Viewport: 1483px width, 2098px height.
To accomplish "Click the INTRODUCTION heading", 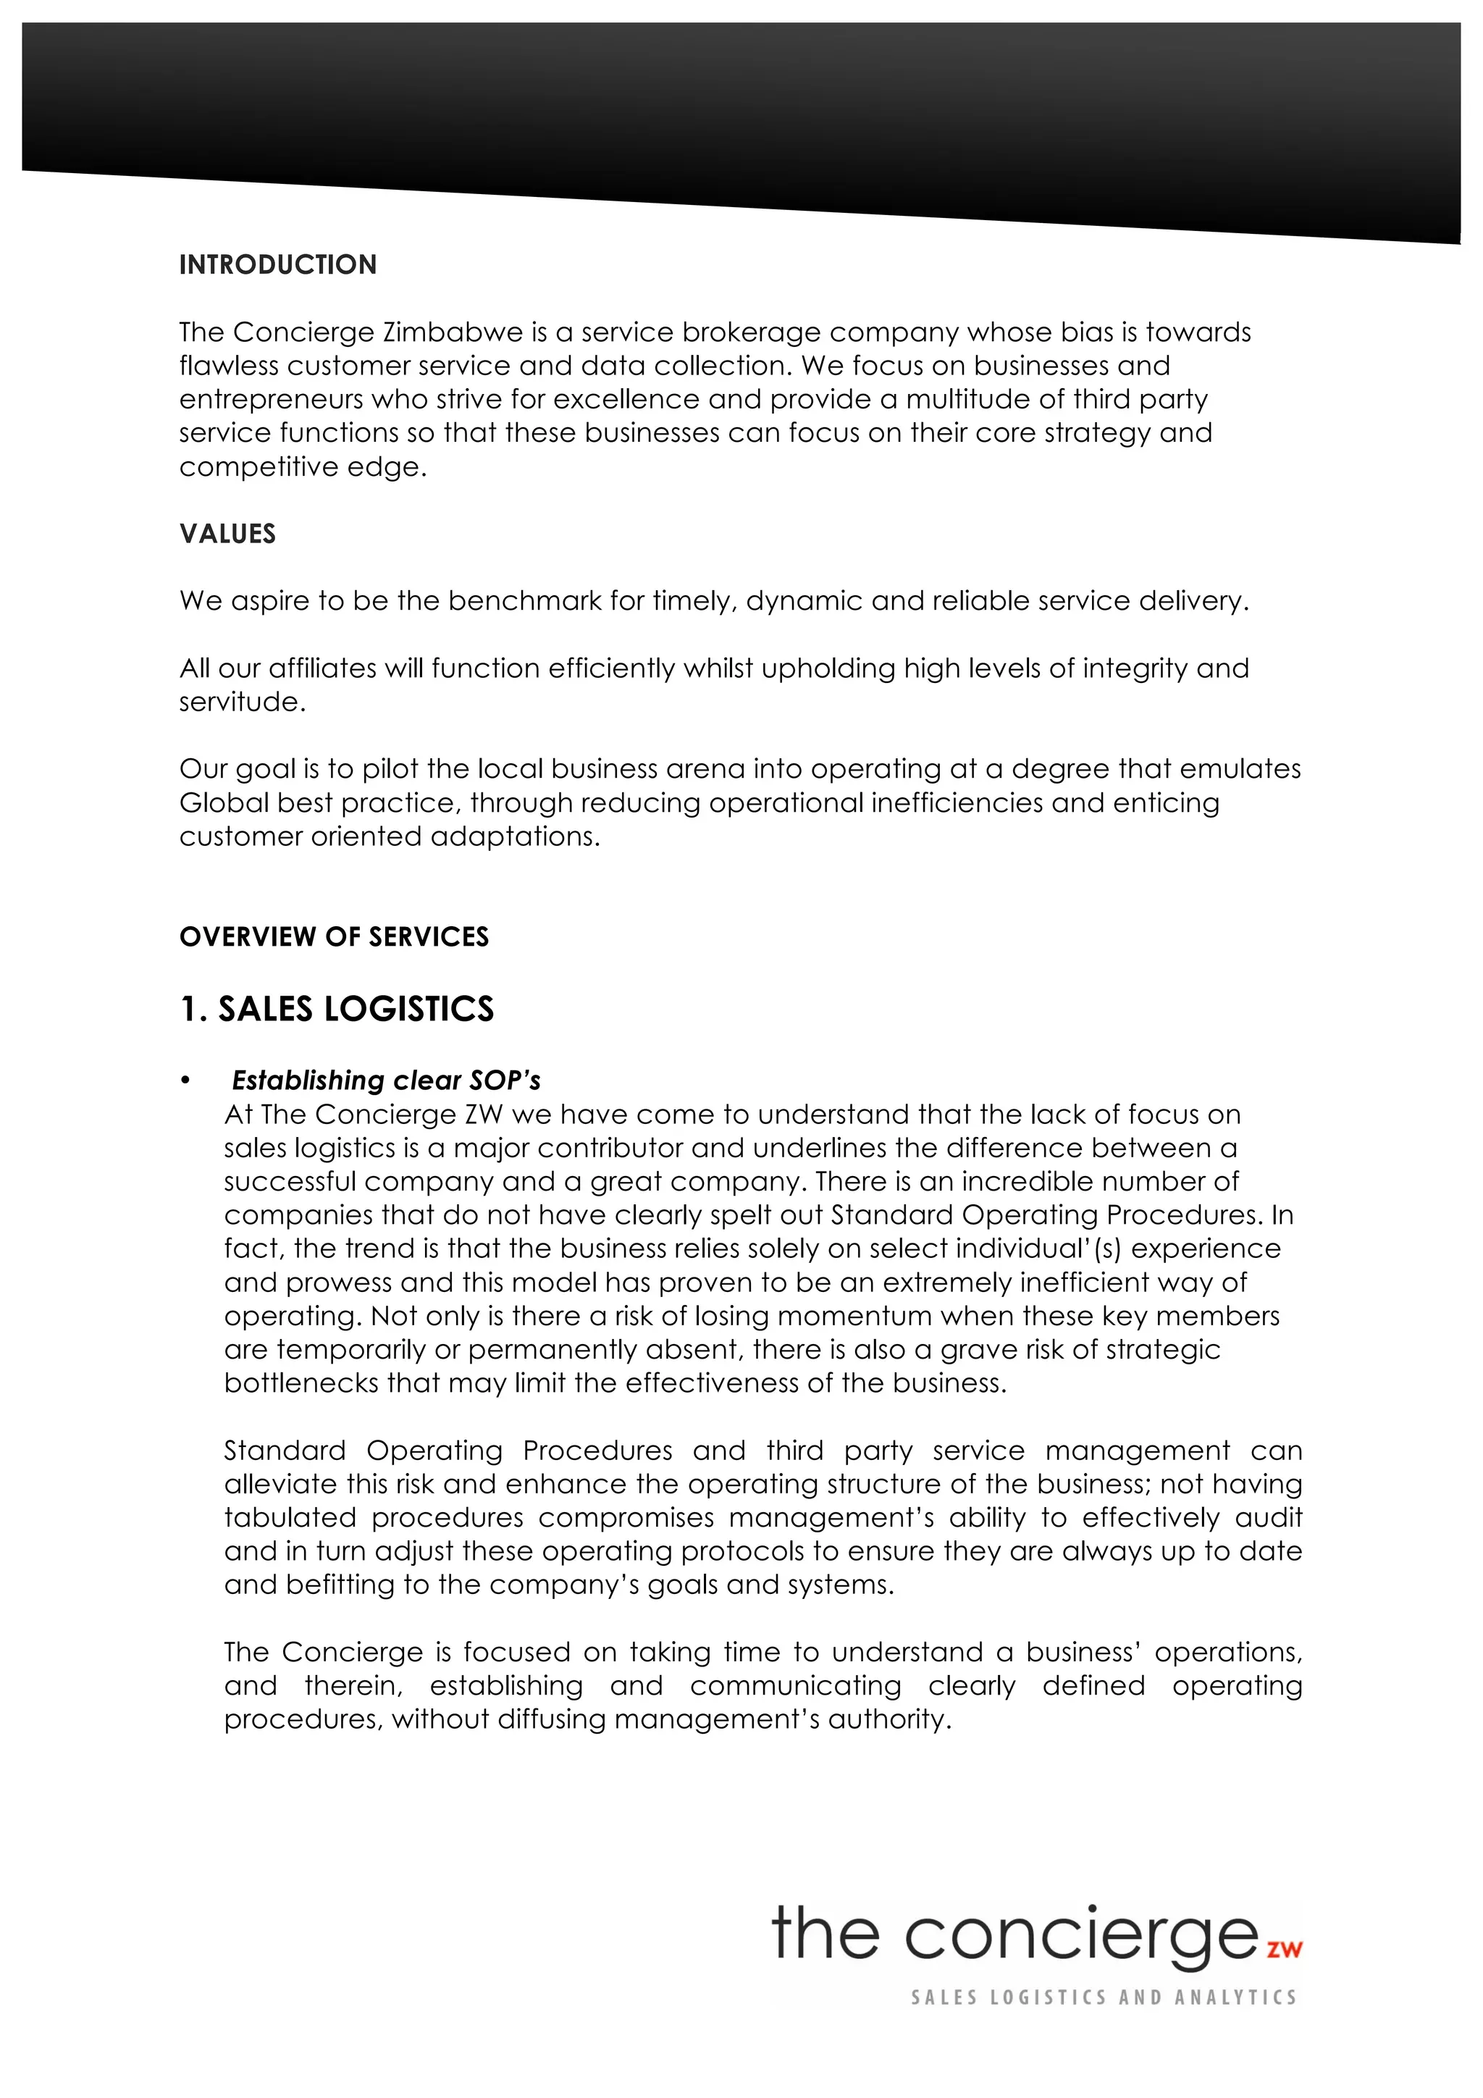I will (278, 265).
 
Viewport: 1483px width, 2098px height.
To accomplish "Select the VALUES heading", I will (227, 534).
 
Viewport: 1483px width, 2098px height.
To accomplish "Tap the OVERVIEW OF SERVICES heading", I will (335, 936).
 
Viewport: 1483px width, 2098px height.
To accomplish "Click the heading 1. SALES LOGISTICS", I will (337, 1009).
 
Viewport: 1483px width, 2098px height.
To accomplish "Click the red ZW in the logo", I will (1284, 1948).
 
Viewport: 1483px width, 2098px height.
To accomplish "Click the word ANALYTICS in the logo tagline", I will (1235, 1997).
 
